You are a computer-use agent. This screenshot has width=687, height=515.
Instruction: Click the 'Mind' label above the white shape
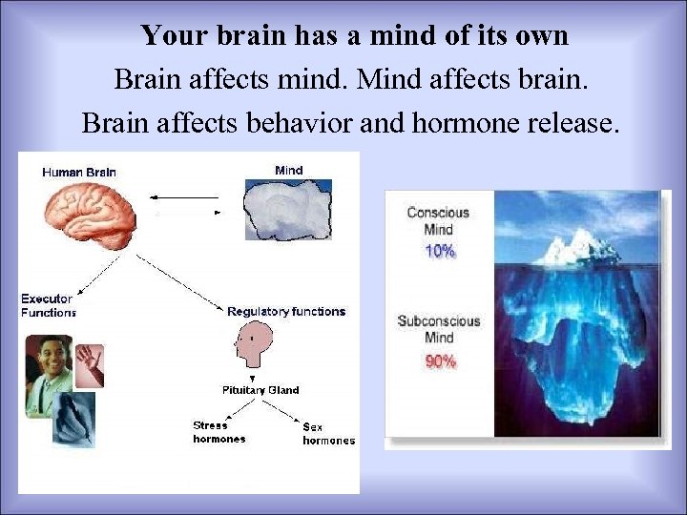[288, 171]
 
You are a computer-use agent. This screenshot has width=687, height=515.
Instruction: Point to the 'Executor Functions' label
[48, 305]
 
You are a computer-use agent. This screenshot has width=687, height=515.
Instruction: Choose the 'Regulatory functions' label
[286, 312]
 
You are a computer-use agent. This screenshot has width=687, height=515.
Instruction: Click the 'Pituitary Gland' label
[260, 390]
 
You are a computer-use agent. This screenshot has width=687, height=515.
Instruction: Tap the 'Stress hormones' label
[219, 432]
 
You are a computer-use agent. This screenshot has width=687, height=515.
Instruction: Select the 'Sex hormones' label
[328, 433]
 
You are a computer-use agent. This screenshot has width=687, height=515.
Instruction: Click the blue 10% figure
[439, 252]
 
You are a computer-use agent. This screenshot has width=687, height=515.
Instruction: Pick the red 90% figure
[440, 361]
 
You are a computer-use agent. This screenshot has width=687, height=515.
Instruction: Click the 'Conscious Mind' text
[439, 220]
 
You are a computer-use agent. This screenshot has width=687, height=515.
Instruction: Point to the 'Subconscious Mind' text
[439, 329]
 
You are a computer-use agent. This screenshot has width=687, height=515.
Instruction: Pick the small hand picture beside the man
[90, 364]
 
